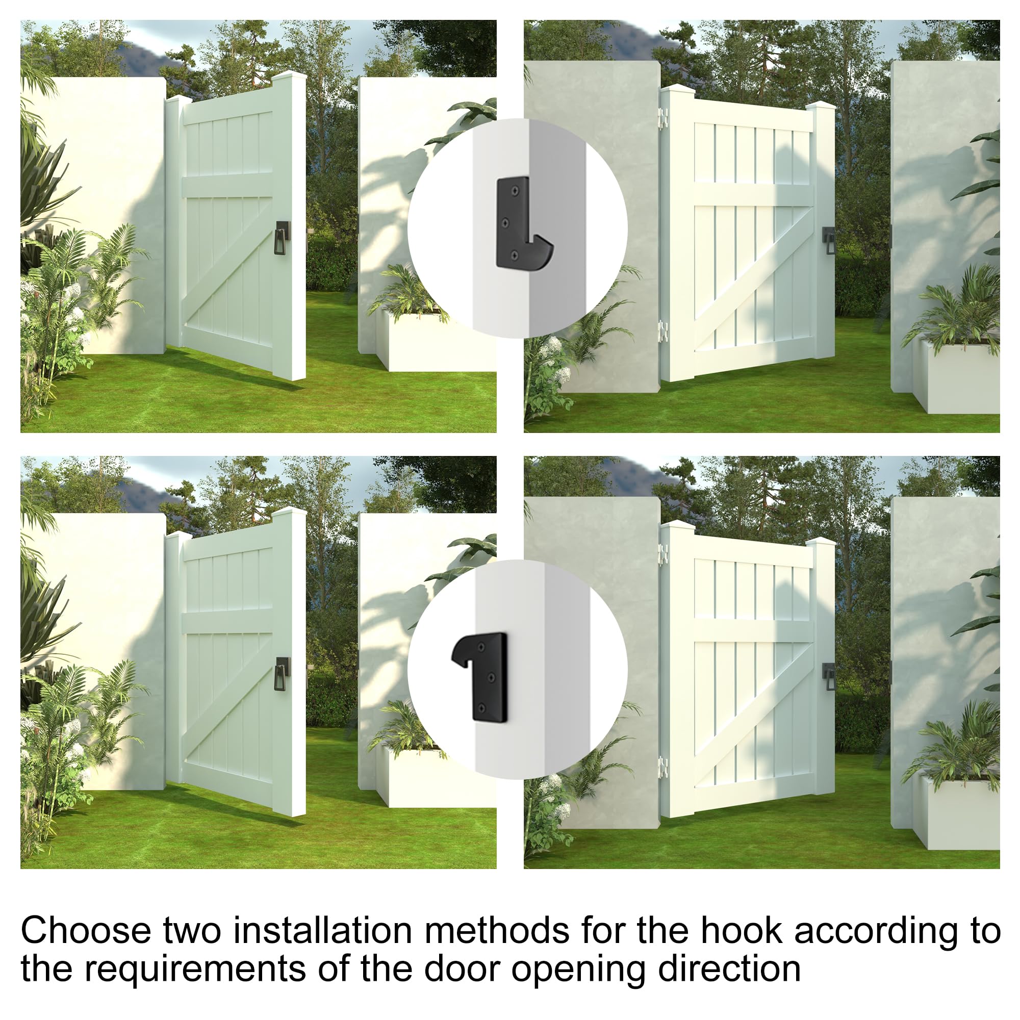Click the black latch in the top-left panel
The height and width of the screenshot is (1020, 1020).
point(283,238)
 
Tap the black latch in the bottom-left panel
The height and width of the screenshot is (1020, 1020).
point(283,674)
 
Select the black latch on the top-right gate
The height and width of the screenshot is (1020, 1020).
point(828,241)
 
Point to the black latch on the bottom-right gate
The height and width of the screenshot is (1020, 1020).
point(828,677)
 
